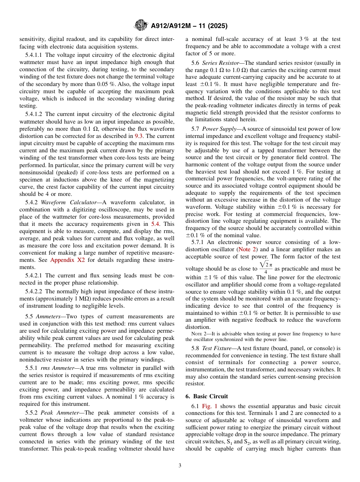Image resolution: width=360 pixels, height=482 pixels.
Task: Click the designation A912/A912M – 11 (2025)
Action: coord(189,26)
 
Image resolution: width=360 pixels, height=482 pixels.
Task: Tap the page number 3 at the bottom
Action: coord(180,466)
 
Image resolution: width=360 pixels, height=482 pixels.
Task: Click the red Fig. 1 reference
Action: coord(210,406)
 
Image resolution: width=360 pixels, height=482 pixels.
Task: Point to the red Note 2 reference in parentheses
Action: coord(248,249)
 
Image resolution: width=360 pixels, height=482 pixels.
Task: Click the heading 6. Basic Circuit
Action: coord(207,396)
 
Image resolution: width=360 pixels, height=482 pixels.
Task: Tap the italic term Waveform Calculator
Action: coord(64,202)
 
